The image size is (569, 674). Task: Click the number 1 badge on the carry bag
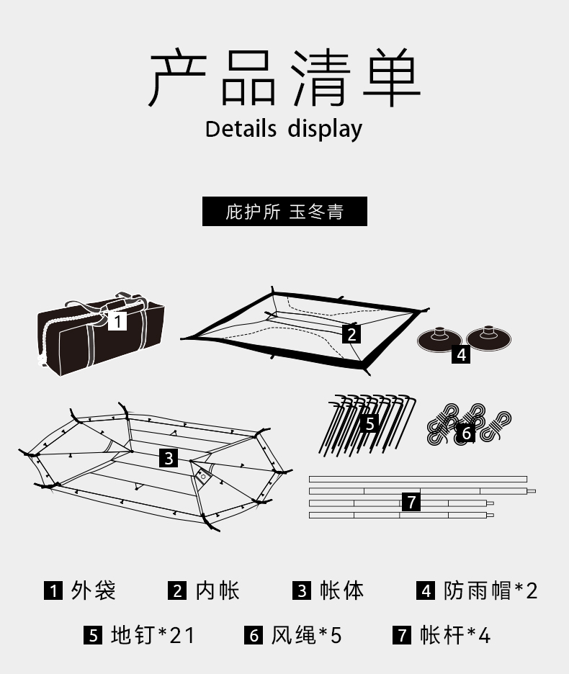(x=117, y=320)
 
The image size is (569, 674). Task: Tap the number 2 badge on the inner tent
(x=351, y=334)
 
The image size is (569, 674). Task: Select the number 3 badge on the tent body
(x=168, y=458)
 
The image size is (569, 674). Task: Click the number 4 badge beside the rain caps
(x=461, y=354)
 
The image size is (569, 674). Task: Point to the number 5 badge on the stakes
(x=369, y=423)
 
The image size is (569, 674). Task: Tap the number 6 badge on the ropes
(x=466, y=433)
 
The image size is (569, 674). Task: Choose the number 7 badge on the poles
(x=411, y=502)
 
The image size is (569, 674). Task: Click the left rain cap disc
(x=439, y=339)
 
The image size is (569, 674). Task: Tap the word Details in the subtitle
(x=241, y=129)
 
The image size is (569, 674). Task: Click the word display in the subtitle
(x=325, y=129)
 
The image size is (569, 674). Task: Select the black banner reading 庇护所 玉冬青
(x=284, y=212)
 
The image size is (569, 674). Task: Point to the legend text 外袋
(x=94, y=591)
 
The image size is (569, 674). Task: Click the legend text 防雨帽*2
(x=490, y=591)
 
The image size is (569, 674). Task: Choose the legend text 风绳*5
(x=306, y=635)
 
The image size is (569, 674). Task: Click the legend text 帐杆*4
(x=454, y=635)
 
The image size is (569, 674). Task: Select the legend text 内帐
(x=217, y=591)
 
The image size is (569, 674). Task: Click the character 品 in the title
(x=248, y=79)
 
